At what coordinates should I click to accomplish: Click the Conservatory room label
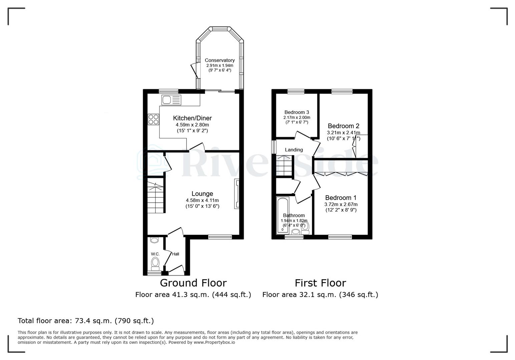coord(219,60)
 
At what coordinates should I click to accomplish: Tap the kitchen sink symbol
coord(171,100)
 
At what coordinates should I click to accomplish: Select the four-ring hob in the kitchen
coord(153,119)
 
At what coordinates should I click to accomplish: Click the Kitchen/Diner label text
coord(192,118)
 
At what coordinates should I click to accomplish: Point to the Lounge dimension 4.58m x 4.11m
coord(202,200)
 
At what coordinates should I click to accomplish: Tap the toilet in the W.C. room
coord(155,263)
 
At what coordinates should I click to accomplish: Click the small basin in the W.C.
coord(154,240)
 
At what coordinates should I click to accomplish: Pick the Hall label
coord(175,254)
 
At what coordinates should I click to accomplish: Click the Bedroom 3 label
coord(297,112)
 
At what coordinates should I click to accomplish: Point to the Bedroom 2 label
coord(343,126)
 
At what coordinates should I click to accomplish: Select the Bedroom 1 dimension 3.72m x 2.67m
coord(341,204)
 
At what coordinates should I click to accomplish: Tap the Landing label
coord(294,150)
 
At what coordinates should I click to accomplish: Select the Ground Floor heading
coord(193,283)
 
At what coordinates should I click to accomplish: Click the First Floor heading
coord(320,283)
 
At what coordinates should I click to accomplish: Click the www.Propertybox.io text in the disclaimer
coord(214,342)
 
